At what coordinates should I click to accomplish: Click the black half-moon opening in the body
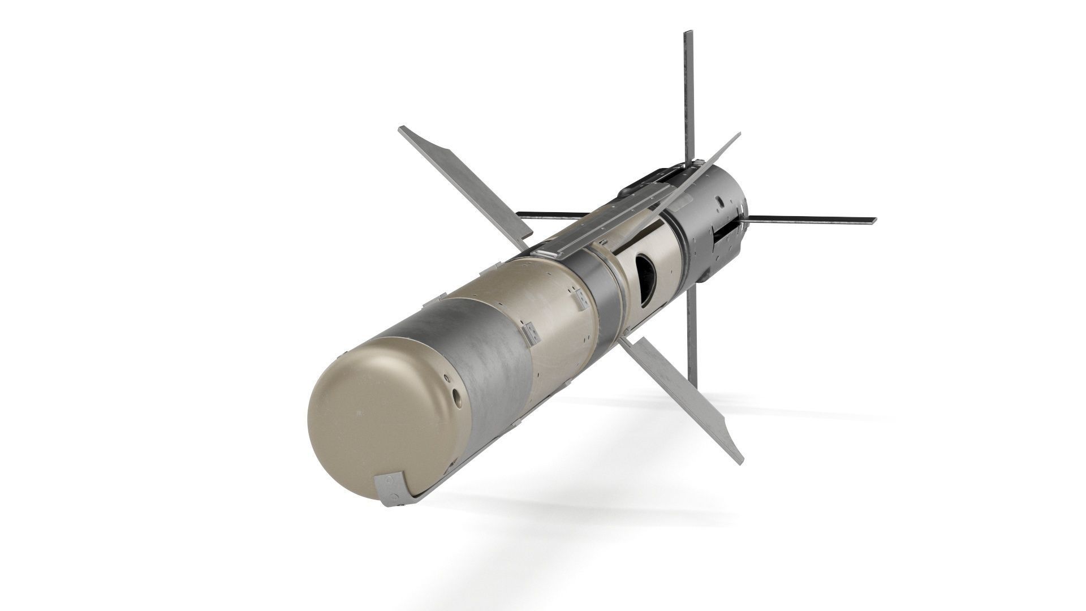tap(646, 280)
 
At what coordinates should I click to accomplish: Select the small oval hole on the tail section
tap(719, 200)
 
